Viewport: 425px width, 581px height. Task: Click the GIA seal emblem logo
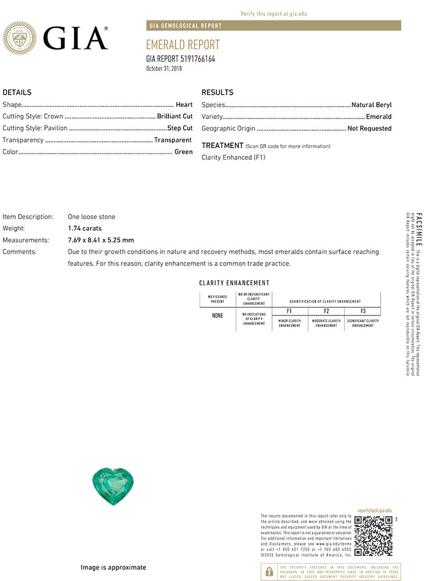(19, 38)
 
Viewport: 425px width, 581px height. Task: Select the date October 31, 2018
(165, 69)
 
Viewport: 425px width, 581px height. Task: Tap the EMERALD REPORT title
(183, 45)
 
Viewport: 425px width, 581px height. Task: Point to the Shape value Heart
(184, 105)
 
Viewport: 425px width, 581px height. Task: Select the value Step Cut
(180, 128)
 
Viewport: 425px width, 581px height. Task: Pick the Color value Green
(183, 152)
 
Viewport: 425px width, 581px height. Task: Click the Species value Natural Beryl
(372, 105)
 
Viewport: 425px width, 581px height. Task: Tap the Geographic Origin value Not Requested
(369, 128)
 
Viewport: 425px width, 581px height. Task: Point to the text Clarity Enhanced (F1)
(233, 157)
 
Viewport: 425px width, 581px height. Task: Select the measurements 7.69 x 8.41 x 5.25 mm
(101, 240)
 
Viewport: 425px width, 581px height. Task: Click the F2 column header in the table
(326, 311)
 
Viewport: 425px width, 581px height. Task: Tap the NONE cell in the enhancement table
(217, 315)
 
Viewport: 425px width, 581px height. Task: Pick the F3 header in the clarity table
(363, 311)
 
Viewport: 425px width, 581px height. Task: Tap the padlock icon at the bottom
(269, 572)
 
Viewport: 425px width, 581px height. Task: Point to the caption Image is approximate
(113, 568)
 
